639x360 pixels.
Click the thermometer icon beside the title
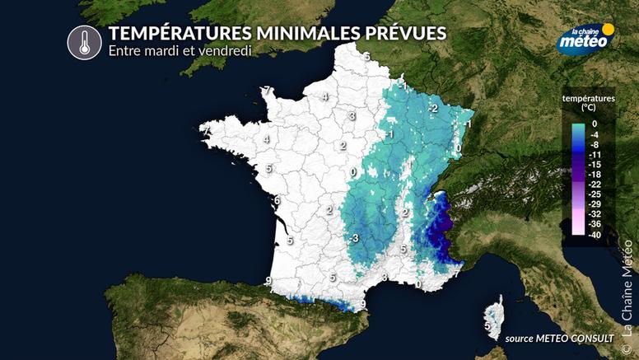(x=84, y=42)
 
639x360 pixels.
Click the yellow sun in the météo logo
(x=608, y=29)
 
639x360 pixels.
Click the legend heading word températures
(x=589, y=98)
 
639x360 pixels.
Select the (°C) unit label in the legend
(x=589, y=108)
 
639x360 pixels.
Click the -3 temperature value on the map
(x=353, y=238)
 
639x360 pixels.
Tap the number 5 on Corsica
(x=487, y=326)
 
